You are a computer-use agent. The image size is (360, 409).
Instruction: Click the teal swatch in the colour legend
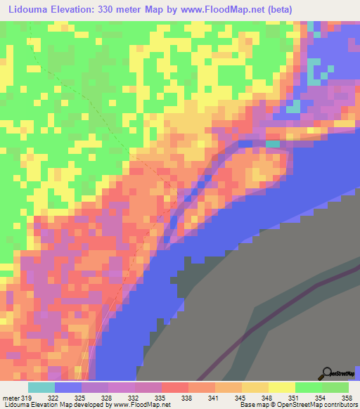pyautogui.click(x=41, y=387)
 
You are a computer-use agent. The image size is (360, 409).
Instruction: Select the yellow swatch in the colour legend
pyautogui.click(x=282, y=387)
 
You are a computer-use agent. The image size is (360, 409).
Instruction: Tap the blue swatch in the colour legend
pyautogui.click(x=68, y=387)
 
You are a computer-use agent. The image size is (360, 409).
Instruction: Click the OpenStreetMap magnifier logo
pyautogui.click(x=326, y=373)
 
